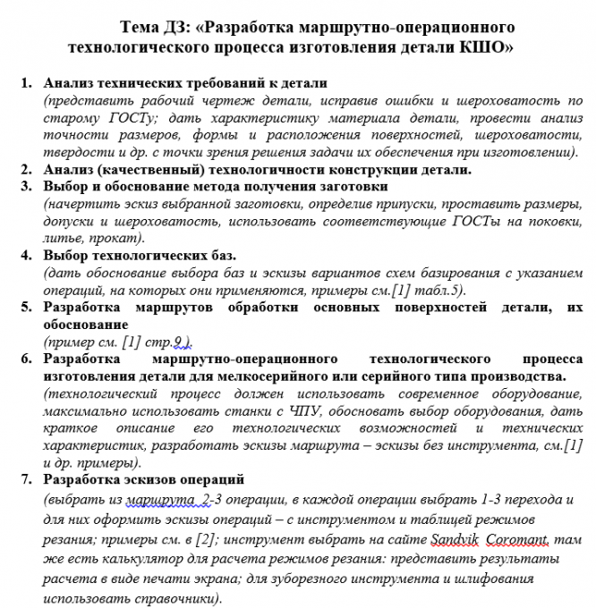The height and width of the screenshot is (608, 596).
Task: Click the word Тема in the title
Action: click(141, 25)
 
